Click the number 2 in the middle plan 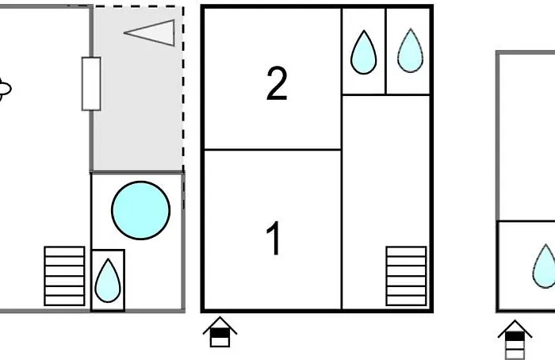[x=276, y=84]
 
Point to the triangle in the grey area [x=152, y=33]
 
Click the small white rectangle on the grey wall [x=91, y=83]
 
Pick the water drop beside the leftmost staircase [x=108, y=281]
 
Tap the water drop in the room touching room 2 [x=363, y=52]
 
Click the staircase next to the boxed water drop [x=64, y=276]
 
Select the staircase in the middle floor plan [x=406, y=276]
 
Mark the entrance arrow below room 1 [x=220, y=332]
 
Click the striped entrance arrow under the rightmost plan [x=515, y=339]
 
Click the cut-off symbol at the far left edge [x=4, y=90]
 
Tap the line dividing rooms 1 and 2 [x=273, y=149]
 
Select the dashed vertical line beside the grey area [x=183, y=87]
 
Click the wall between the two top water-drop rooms [x=385, y=52]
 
